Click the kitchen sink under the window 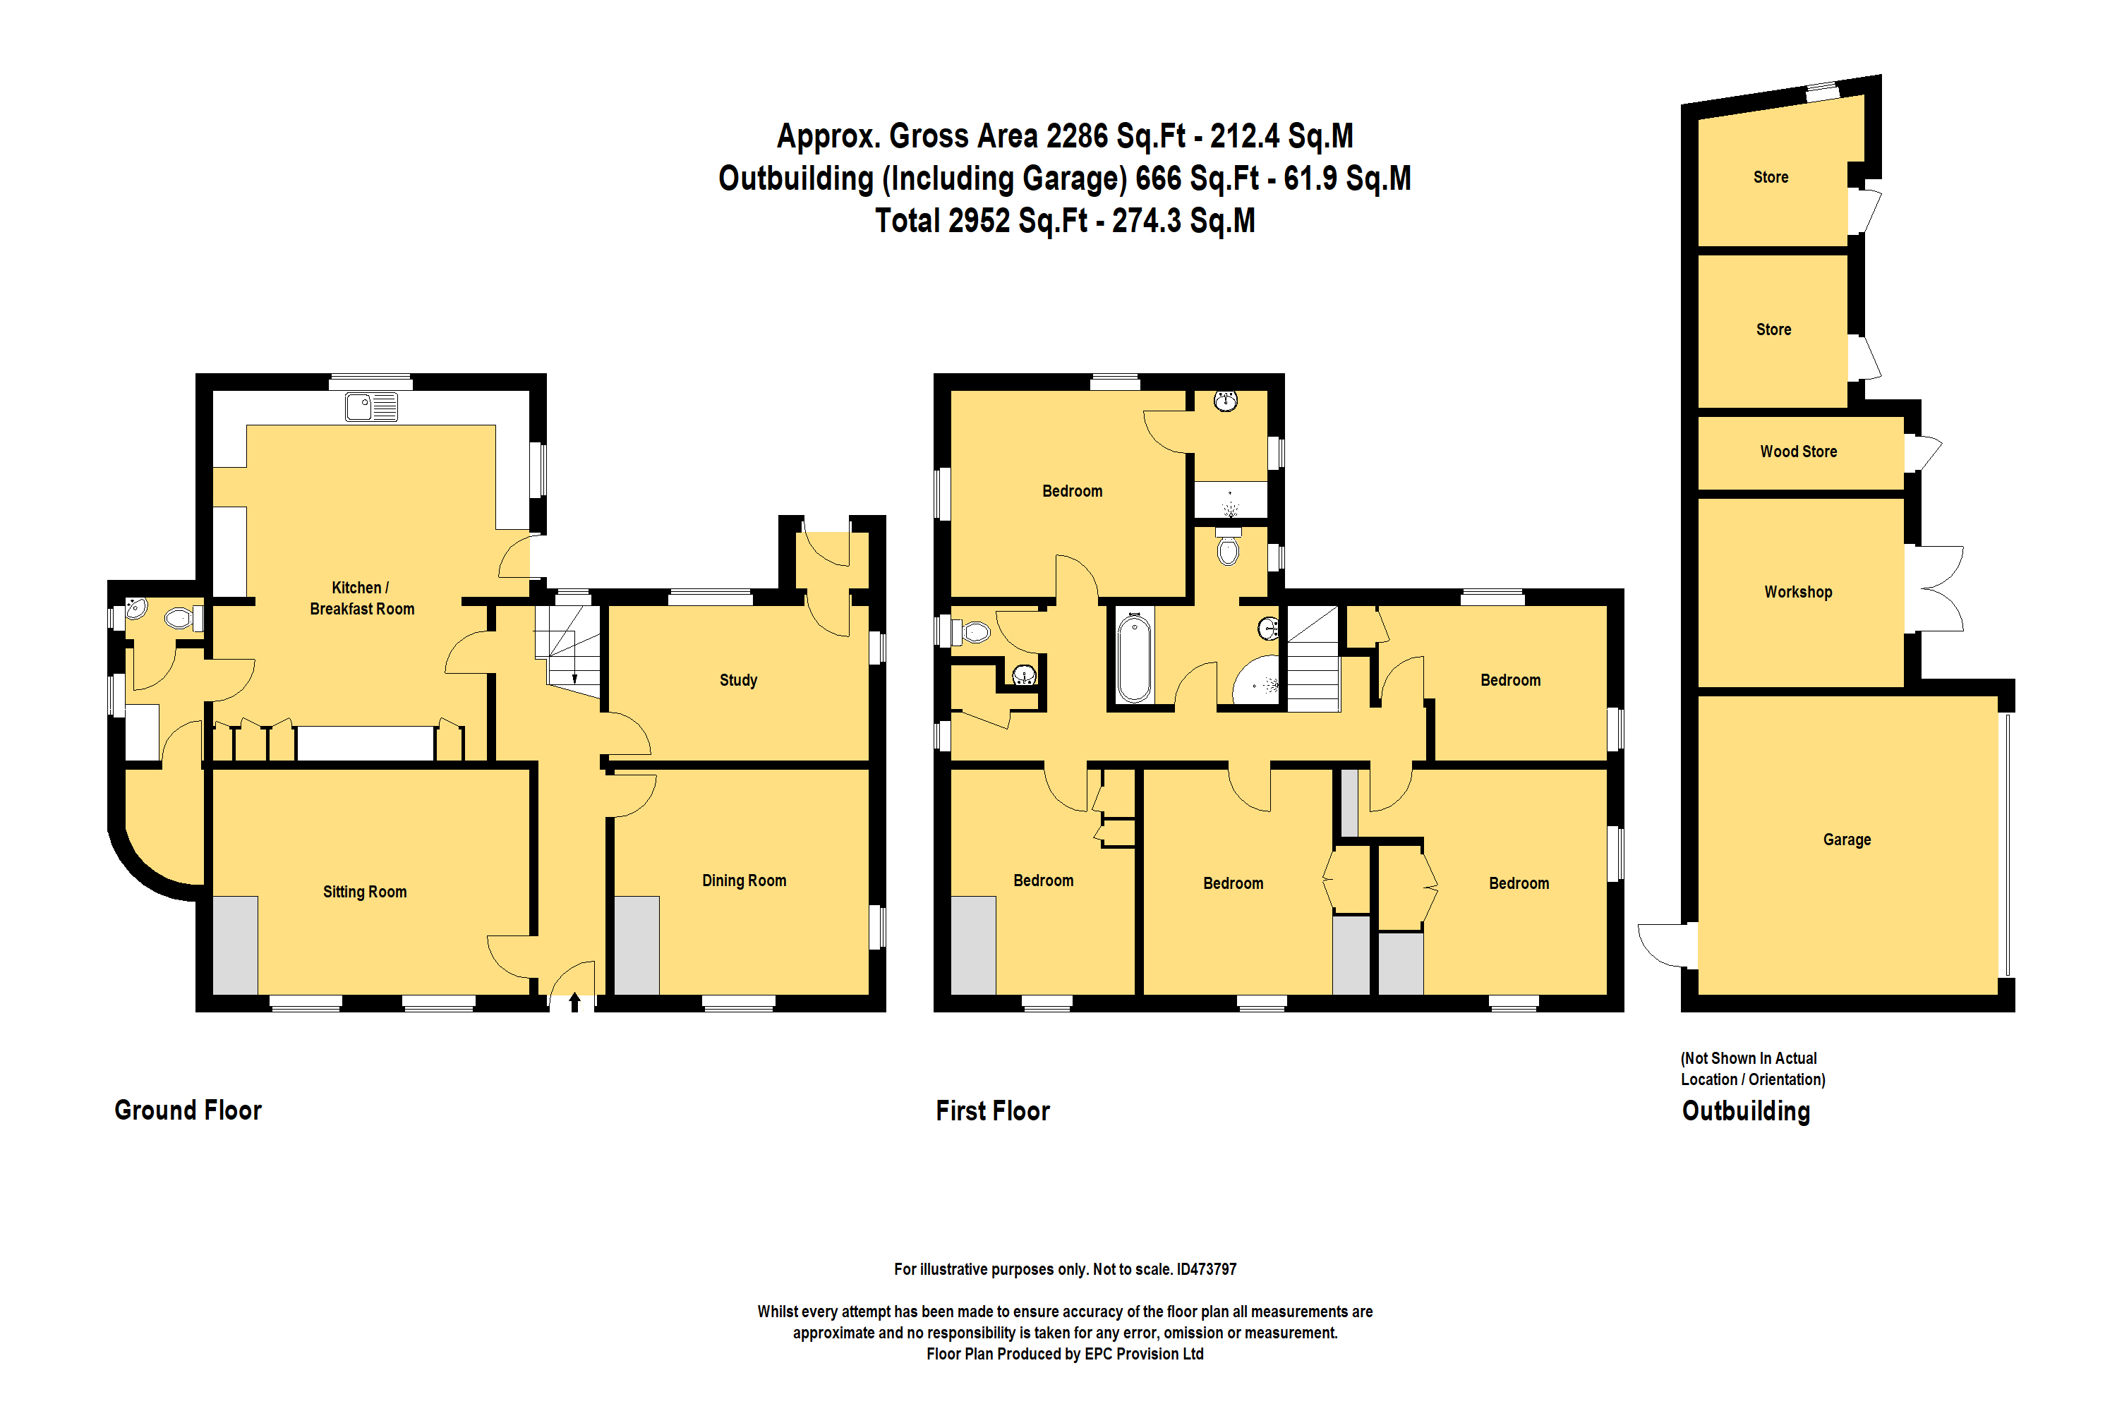coord(371,407)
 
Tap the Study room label coord(738,680)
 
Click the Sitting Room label coord(365,892)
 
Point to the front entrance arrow coord(574,1002)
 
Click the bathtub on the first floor coord(1134,657)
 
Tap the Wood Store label coord(1798,452)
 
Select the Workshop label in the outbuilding coord(1797,592)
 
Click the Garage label coord(1847,840)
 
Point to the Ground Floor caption coord(188,1110)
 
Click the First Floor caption coord(993,1111)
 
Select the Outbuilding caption coord(1746,1111)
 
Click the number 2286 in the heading coord(1078,136)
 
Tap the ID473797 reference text coord(1206,1270)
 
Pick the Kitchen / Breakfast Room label coord(362,598)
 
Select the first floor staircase coord(1313,659)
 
